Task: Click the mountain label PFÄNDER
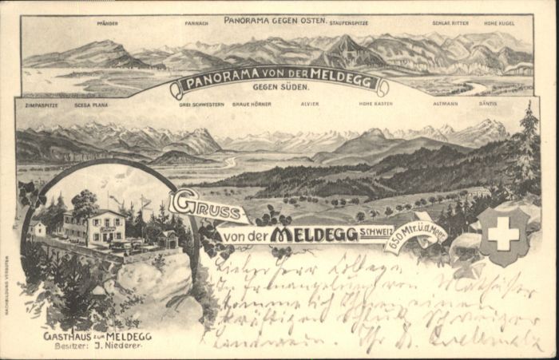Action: coord(108,24)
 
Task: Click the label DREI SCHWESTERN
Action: coord(201,105)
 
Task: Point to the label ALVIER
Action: coord(309,105)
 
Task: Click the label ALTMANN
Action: coord(446,105)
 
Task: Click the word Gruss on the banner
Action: coord(206,207)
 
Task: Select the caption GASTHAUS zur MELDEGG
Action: coord(97,336)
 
